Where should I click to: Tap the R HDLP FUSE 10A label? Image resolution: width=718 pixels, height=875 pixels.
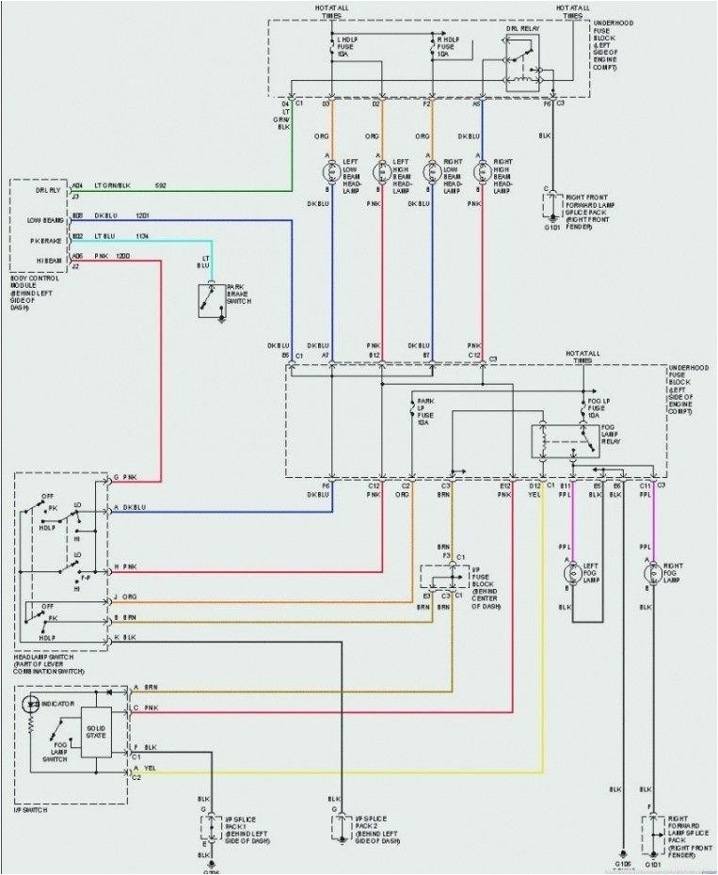447,48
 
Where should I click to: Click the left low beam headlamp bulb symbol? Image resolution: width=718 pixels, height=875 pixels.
331,172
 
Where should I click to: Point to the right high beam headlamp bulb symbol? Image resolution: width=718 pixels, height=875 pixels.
483,172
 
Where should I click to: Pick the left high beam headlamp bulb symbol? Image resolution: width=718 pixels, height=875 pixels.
382,172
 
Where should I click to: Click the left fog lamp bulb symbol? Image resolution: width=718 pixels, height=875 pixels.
571,571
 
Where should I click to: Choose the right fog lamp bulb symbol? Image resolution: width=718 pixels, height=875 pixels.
650,571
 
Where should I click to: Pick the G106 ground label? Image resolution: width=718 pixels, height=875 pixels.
622,863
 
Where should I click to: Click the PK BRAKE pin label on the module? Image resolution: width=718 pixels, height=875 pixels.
44,239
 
